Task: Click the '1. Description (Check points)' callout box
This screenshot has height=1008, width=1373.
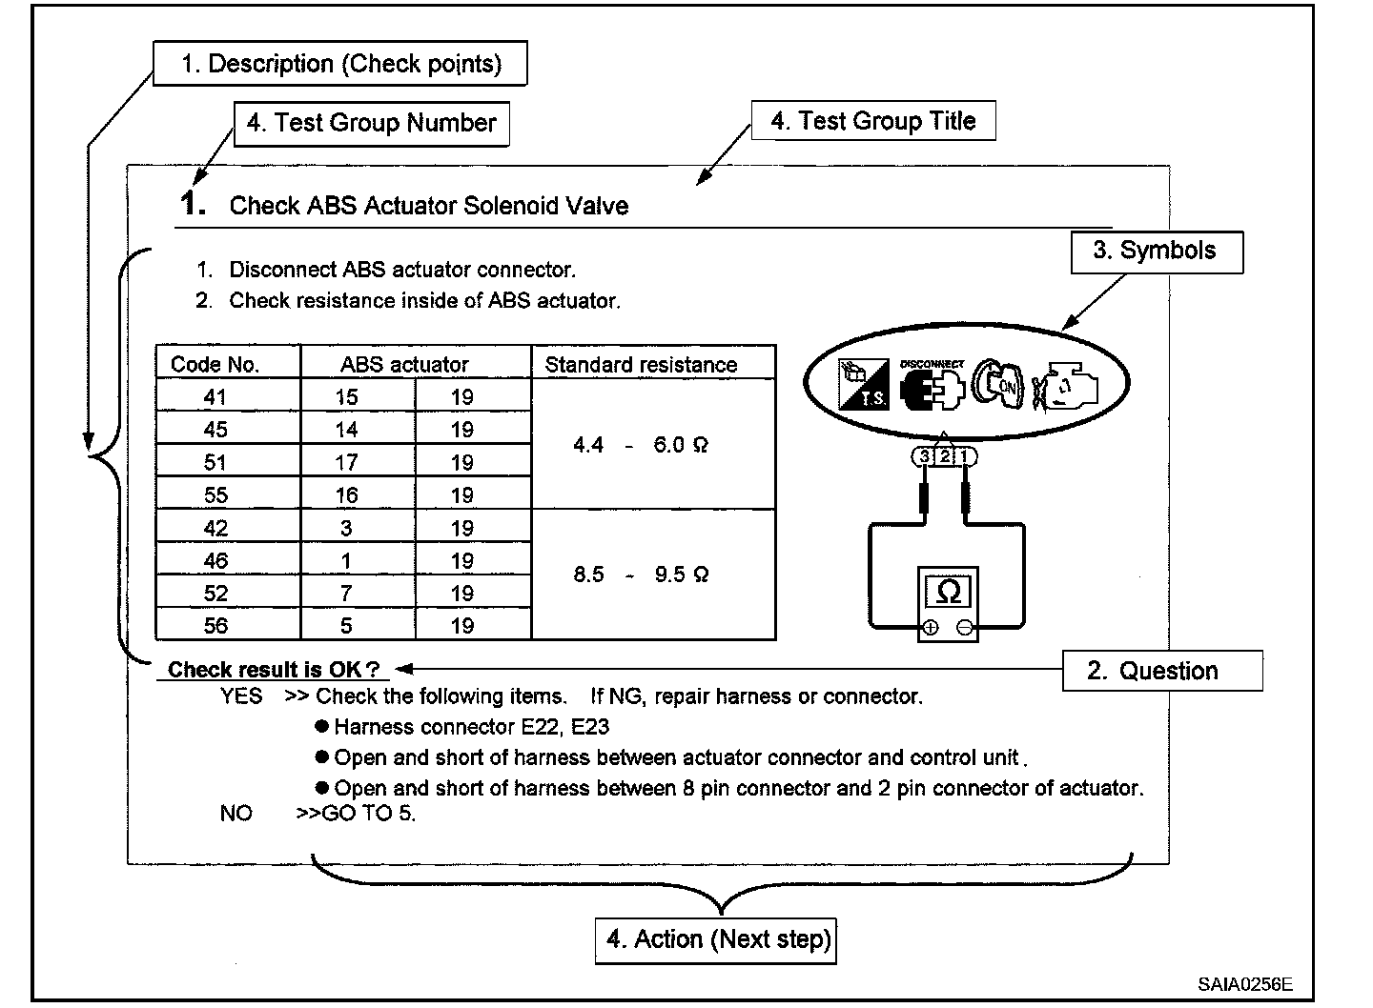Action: coord(340,64)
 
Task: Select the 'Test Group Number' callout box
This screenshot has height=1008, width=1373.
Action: coord(371,123)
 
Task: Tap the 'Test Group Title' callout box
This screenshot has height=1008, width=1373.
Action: coord(873,121)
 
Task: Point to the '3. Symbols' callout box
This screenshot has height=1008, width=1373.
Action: coord(1157,252)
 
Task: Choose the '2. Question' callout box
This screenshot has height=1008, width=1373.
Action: coord(1162,671)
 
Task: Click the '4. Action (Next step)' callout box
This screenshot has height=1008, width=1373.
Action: coord(716,939)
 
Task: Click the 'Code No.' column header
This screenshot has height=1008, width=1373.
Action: coord(215,364)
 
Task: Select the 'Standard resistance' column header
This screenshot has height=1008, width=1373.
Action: coord(641,364)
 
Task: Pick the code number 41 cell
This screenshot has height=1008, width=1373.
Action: coord(215,396)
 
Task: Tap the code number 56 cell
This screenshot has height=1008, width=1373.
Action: coord(215,625)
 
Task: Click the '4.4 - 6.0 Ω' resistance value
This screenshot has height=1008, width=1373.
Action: coord(641,445)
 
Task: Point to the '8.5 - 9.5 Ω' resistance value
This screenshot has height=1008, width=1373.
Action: coord(641,575)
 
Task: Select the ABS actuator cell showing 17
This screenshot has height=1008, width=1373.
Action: coord(346,463)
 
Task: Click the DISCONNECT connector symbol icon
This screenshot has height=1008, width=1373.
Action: coord(932,387)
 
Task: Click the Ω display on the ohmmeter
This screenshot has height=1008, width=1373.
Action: coord(948,592)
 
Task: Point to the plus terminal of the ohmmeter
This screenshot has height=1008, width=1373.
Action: coord(931,628)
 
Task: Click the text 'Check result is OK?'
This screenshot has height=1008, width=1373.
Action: coord(274,670)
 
